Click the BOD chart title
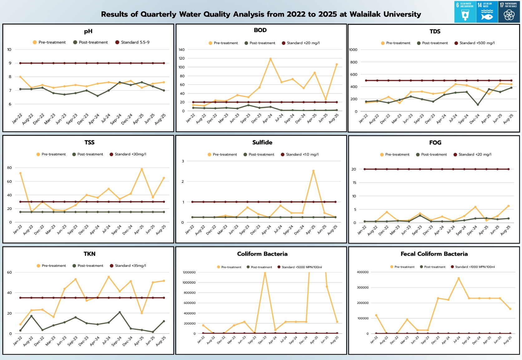tap(260, 30)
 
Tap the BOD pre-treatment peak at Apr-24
tap(271, 59)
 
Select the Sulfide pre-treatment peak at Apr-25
tap(313, 171)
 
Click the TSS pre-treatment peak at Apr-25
tap(142, 169)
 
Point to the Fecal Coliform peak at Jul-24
tap(459, 278)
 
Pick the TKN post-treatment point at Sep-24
tap(120, 312)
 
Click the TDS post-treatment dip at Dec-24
tap(478, 105)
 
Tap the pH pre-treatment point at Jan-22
tap(20, 77)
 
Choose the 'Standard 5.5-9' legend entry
tap(132, 42)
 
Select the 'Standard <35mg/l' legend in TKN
tap(128, 266)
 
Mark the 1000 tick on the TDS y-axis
tap(353, 50)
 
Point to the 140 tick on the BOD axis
tap(182, 50)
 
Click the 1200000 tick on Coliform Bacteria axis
tap(189, 272)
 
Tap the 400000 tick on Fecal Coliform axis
tap(363, 272)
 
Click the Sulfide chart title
tap(262, 143)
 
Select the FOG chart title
tap(435, 143)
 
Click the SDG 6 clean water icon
tap(465, 12)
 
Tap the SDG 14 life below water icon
tap(487, 12)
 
